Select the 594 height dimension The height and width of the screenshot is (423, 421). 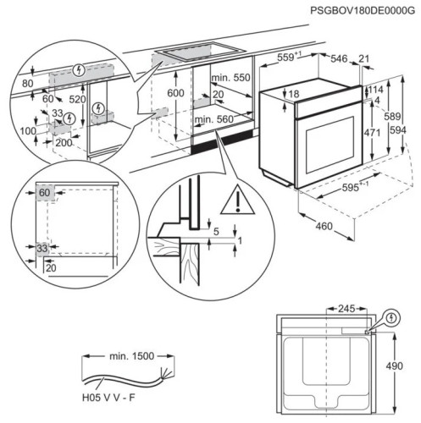point(410,129)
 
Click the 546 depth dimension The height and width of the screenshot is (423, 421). point(340,58)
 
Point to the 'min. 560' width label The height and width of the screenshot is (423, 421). point(213,120)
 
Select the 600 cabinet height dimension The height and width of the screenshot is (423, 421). point(175,93)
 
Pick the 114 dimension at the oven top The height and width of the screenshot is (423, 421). point(376,90)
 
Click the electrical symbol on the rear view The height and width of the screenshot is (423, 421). point(391,319)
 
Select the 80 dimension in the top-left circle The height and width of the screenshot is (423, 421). point(29,84)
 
